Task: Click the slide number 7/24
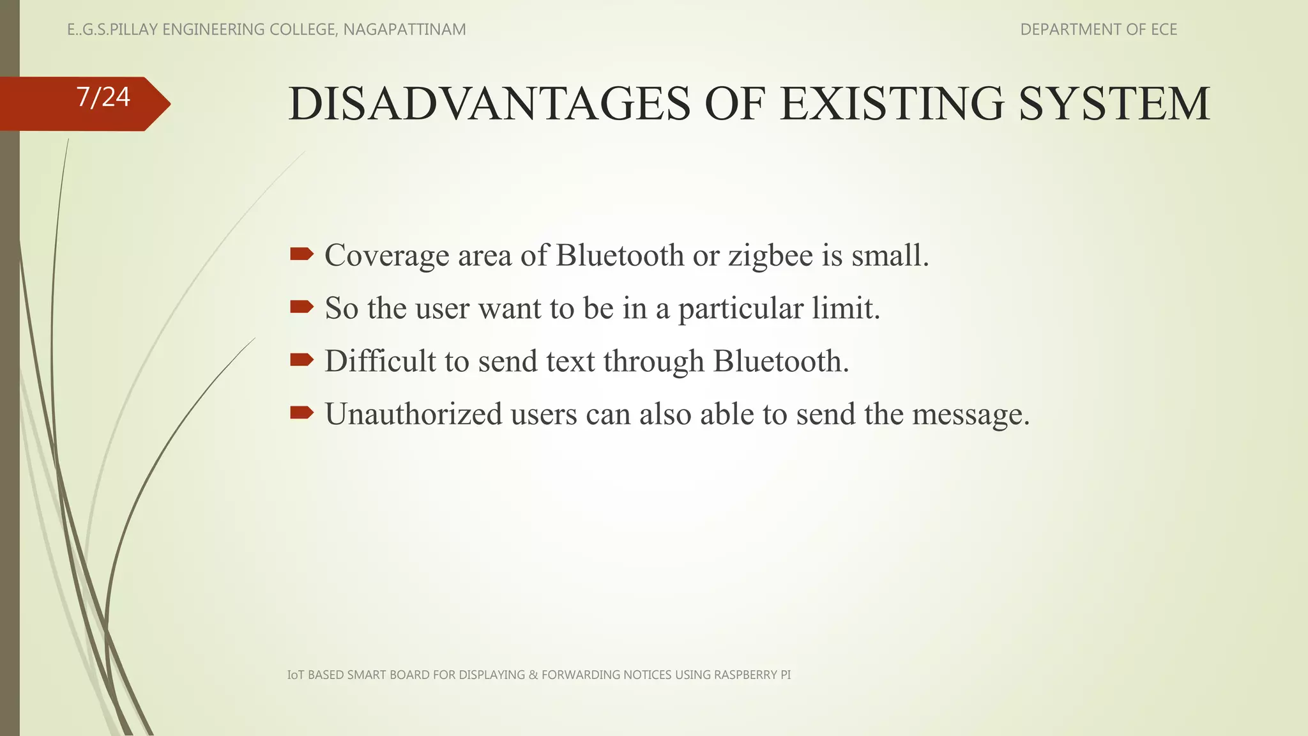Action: click(103, 97)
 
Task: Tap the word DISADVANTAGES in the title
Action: click(489, 103)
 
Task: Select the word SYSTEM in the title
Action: click(1114, 103)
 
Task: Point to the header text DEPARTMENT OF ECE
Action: click(1098, 29)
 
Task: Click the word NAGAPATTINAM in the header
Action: click(404, 29)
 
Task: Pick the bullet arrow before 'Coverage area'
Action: click(301, 254)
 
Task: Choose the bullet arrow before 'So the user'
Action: click(301, 307)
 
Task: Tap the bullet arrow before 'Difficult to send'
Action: click(301, 360)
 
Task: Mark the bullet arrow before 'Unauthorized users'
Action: click(301, 413)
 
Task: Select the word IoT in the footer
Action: click(296, 675)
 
